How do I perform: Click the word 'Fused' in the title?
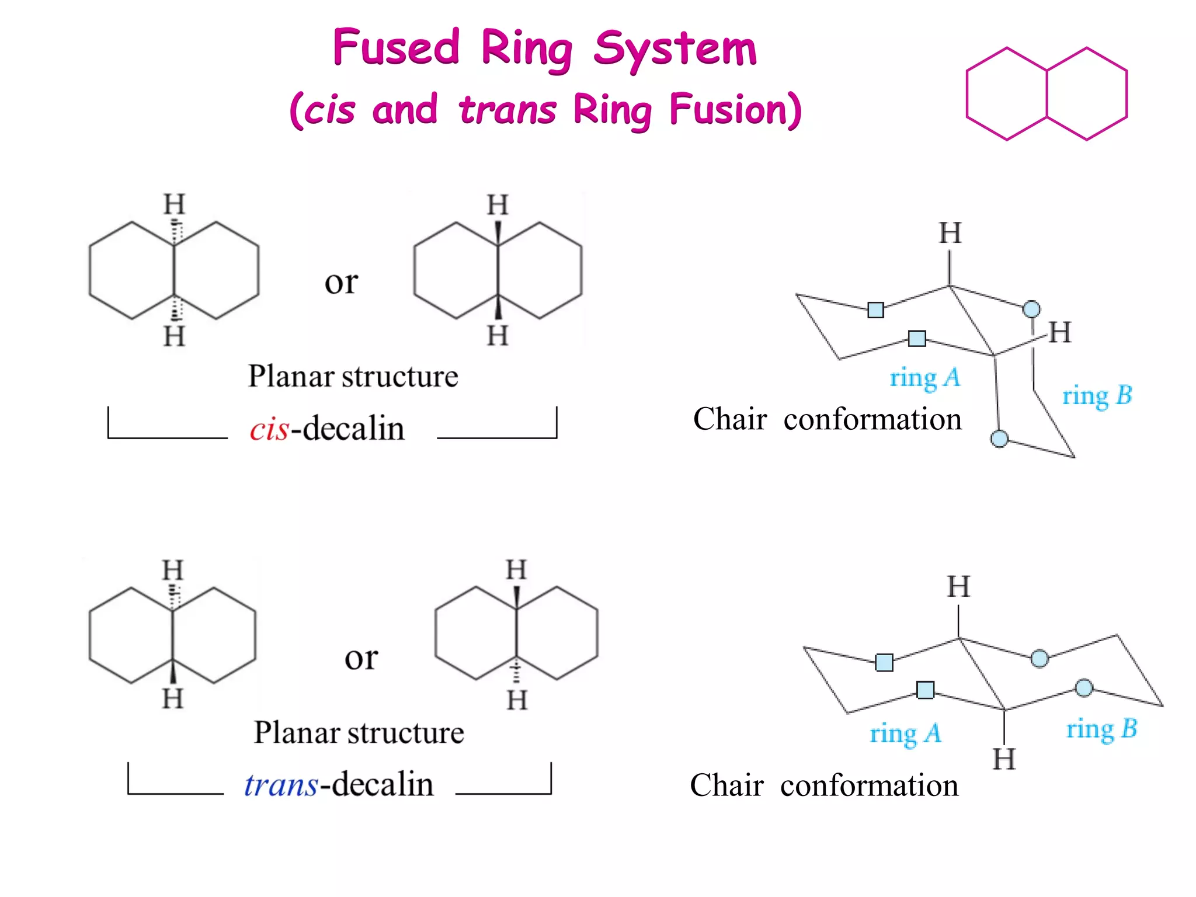click(397, 48)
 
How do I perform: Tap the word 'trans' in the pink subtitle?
click(507, 110)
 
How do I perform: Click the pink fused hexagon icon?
click(1046, 94)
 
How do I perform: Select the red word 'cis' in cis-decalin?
click(269, 429)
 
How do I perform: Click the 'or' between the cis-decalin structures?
click(341, 283)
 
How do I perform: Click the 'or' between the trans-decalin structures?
click(361, 658)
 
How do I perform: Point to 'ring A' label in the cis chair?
click(924, 378)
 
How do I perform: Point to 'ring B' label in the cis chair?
click(1097, 396)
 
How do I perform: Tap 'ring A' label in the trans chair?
click(905, 733)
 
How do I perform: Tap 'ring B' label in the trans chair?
click(1101, 729)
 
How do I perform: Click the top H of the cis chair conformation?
click(950, 234)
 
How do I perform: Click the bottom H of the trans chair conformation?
click(1004, 759)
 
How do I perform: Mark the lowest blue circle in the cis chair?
click(999, 438)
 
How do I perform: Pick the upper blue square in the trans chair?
click(884, 662)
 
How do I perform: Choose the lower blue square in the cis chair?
click(917, 338)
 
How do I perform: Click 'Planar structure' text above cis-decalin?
click(353, 376)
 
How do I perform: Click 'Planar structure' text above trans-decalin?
click(359, 732)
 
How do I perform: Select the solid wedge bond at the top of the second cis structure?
click(498, 232)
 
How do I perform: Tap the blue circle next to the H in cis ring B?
click(1031, 308)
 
